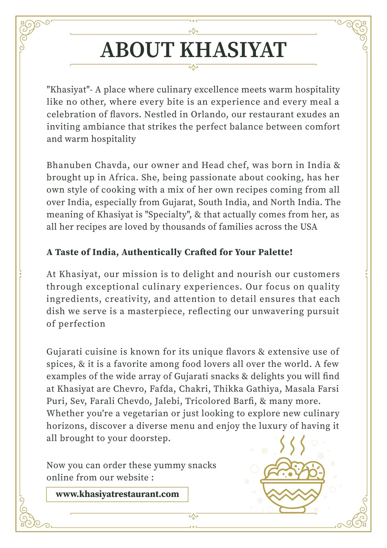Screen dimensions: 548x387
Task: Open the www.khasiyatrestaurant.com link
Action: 117,494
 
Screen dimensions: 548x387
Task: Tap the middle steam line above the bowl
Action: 292,446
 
